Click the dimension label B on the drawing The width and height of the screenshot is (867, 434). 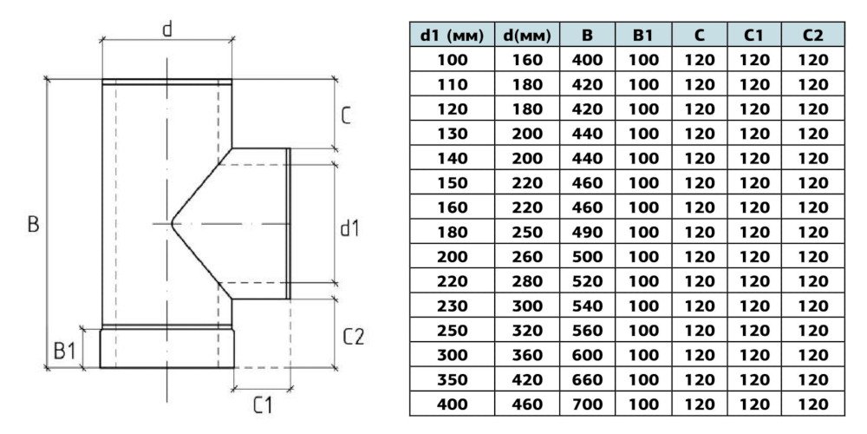[33, 223]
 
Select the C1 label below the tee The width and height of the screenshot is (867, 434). [264, 404]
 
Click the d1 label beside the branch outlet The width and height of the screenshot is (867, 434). [349, 228]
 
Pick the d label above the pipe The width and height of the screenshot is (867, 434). [167, 29]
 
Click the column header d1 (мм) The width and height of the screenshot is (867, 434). [450, 36]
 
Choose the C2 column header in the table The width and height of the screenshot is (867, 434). [813, 36]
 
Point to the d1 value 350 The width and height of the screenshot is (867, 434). [450, 379]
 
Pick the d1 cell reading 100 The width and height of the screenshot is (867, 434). [450, 60]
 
